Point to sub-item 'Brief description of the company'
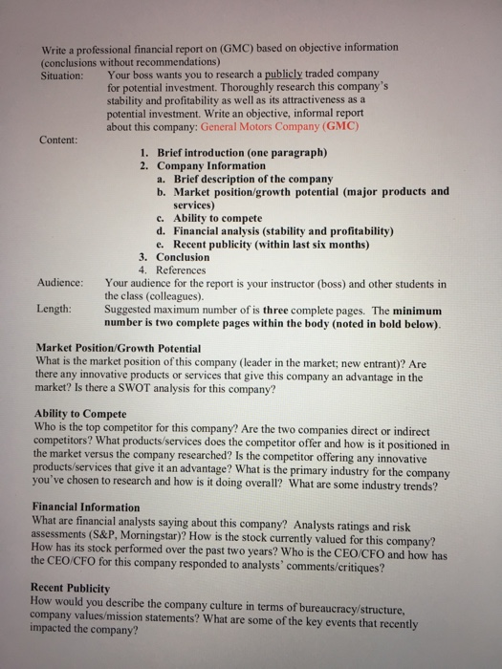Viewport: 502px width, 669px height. click(252, 179)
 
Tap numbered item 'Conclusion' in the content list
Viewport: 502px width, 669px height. click(182, 257)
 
